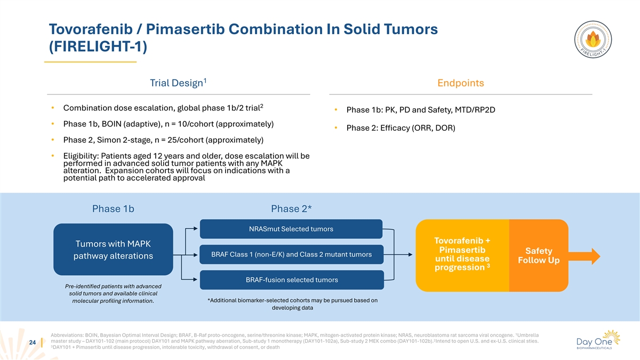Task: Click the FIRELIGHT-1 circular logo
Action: click(x=593, y=39)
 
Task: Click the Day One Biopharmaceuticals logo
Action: click(x=598, y=340)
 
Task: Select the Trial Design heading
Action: click(x=178, y=83)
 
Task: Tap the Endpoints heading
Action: click(x=461, y=83)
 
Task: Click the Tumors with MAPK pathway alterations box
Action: click(x=113, y=250)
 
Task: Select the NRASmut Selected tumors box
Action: click(x=291, y=229)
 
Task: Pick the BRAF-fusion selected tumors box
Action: click(x=292, y=279)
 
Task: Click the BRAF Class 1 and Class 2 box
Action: click(x=291, y=254)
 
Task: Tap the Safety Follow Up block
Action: click(x=539, y=255)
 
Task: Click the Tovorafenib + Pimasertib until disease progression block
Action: click(x=462, y=255)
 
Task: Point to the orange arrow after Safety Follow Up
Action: click(x=585, y=257)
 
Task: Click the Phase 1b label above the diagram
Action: click(x=113, y=209)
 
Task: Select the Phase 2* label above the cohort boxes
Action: click(x=291, y=209)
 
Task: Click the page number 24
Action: click(x=33, y=342)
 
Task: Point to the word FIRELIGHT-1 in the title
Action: click(x=98, y=46)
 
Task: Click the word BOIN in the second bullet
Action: click(x=111, y=124)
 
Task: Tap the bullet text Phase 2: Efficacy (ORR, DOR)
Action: click(x=401, y=127)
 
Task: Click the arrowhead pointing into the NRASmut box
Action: click(x=195, y=229)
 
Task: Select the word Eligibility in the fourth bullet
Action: click(x=81, y=156)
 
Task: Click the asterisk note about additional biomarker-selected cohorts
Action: click(x=292, y=304)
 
